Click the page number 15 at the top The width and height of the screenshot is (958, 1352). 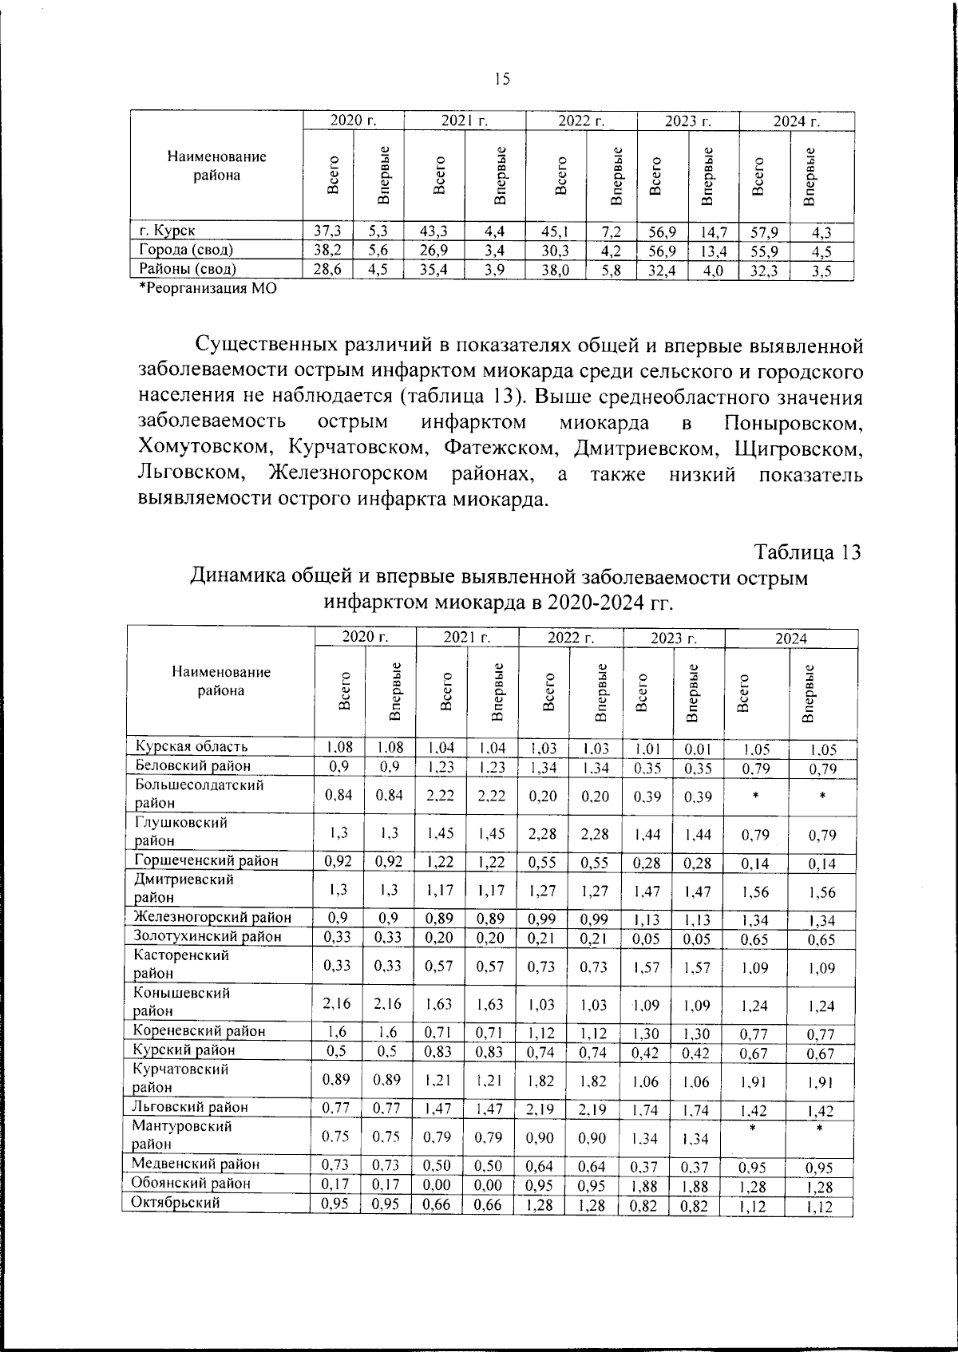coord(501,78)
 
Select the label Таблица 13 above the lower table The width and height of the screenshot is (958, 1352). coord(808,552)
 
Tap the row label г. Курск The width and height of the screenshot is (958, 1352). coord(167,231)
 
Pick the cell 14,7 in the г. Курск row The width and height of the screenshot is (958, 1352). coord(713,232)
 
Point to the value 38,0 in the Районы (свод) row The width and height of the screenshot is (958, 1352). coord(555,270)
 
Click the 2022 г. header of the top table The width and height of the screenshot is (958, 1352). coord(580,121)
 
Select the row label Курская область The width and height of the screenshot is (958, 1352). coord(191,746)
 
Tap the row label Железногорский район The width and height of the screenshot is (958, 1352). coord(212,917)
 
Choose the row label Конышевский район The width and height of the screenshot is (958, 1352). coord(181,1002)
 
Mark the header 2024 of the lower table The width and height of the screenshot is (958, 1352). coord(790,638)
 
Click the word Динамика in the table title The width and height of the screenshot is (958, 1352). coord(238,576)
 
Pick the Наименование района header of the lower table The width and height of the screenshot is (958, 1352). coord(221,681)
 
